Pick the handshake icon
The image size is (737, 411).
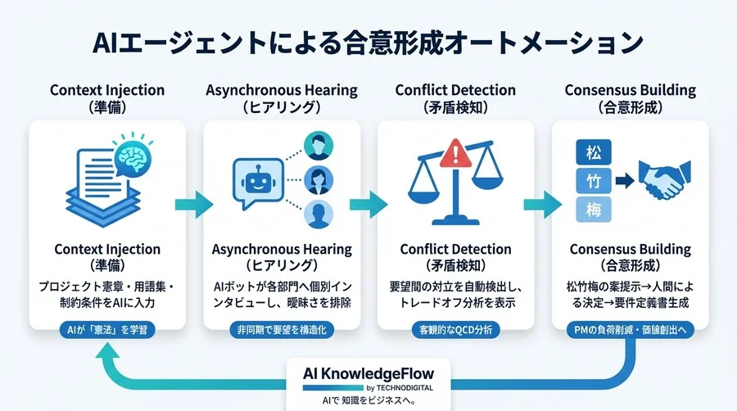pos(662,178)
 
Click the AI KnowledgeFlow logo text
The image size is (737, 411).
pos(368,373)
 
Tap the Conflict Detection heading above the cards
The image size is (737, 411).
pos(455,90)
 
